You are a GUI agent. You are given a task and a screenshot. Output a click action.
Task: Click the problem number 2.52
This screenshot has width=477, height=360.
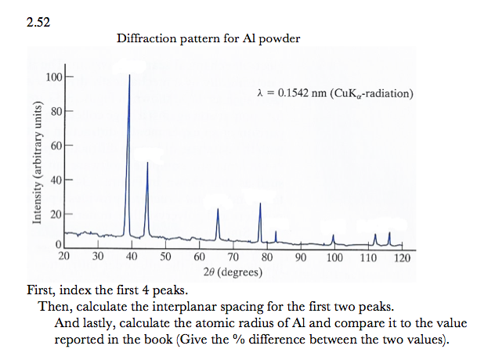point(38,21)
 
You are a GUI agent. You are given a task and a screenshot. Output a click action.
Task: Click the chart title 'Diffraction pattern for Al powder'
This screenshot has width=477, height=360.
point(208,38)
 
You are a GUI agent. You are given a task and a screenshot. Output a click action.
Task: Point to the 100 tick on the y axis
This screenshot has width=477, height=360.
point(53,77)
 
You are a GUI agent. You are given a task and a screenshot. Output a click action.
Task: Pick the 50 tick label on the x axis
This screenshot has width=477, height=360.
point(166,257)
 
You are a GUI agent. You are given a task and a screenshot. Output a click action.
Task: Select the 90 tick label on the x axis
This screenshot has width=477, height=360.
point(301,257)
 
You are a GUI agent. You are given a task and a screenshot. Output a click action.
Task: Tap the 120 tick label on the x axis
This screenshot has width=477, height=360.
point(403,257)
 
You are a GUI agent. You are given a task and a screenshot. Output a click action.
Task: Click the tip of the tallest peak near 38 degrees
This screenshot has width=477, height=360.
point(129,75)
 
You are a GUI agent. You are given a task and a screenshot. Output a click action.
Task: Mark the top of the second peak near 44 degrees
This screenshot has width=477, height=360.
point(147,163)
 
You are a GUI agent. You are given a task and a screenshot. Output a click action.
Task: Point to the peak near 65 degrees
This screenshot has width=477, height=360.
point(218,209)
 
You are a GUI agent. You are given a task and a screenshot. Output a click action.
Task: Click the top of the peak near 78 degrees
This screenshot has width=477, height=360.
point(260,203)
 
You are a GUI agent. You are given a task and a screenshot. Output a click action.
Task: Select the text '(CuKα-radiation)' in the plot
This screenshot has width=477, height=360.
point(372,95)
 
